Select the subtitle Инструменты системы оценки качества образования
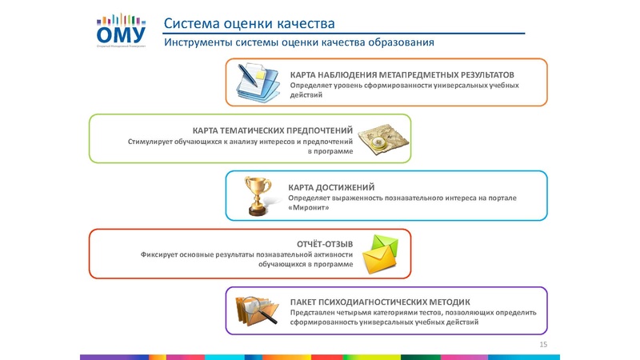point(299,42)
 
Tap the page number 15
point(544,344)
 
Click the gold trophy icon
point(260,195)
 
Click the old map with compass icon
point(379,139)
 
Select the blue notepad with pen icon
point(260,81)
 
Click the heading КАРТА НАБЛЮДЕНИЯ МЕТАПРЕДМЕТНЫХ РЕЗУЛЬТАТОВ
point(402,74)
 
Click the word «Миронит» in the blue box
point(309,208)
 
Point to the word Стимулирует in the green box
point(152,142)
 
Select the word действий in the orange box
point(306,95)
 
